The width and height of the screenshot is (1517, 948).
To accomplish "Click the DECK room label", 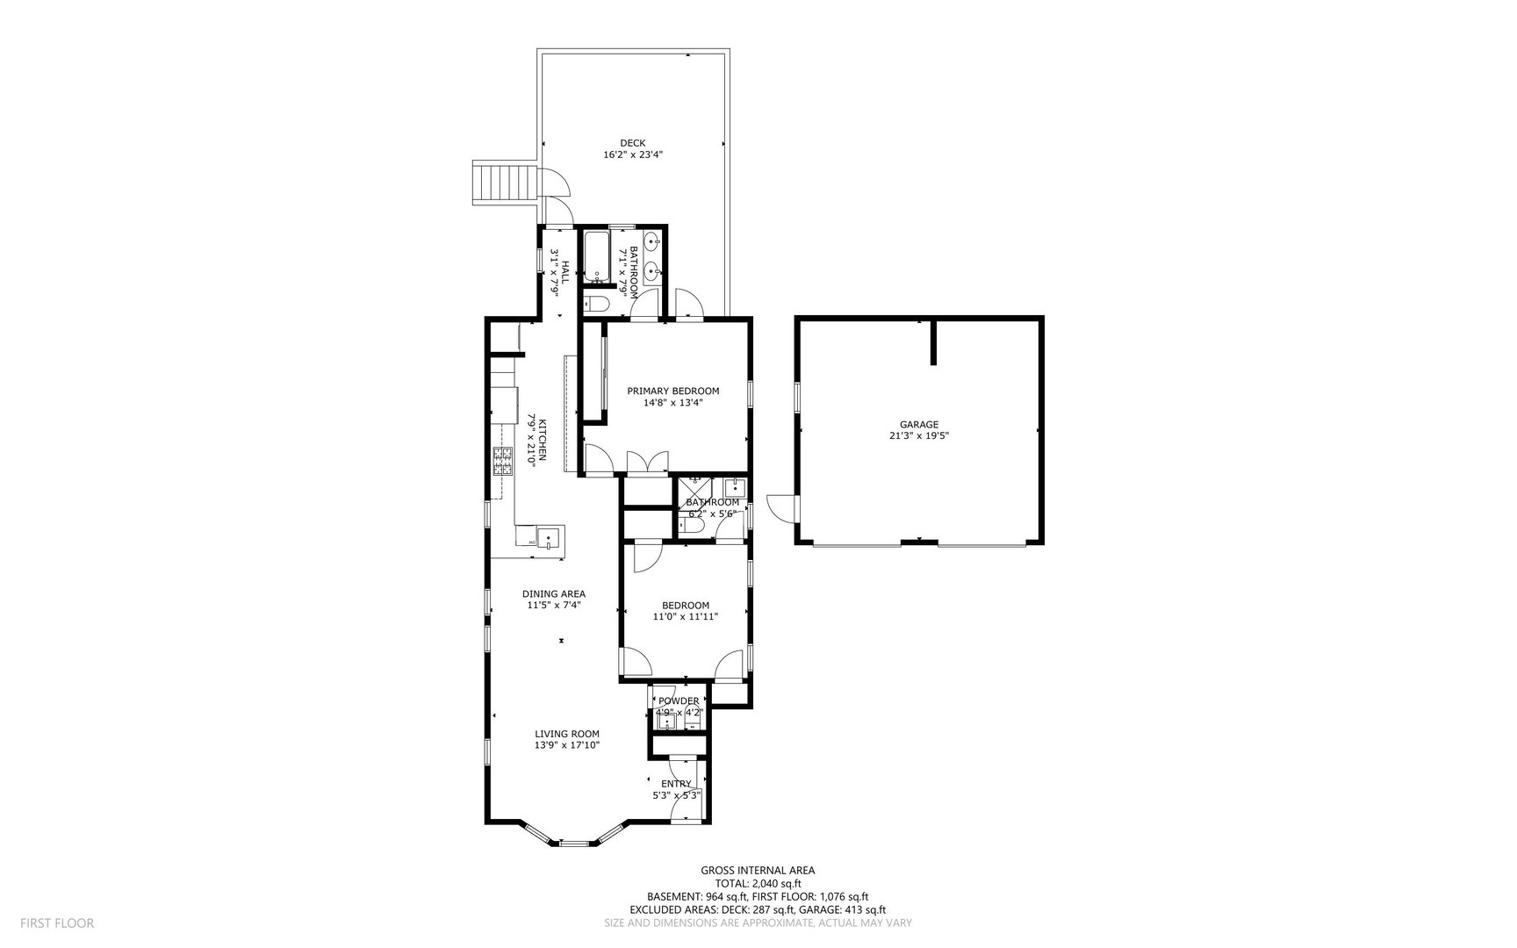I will [x=632, y=143].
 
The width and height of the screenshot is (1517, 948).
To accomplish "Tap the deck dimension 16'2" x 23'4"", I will [x=632, y=154].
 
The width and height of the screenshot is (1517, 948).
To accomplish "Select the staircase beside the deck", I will [x=504, y=182].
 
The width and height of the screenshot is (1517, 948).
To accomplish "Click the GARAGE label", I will [x=918, y=424].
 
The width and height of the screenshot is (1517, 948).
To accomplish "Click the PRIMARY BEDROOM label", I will [x=672, y=391].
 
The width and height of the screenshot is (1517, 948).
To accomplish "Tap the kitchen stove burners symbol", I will [x=502, y=461].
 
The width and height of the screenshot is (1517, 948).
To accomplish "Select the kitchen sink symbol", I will [x=550, y=535].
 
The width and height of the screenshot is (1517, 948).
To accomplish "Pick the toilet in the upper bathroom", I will [x=597, y=304].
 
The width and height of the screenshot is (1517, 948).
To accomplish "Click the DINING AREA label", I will [x=555, y=593].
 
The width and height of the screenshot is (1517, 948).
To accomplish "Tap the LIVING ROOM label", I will [x=567, y=734].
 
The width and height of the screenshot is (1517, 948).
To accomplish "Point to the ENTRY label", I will [x=676, y=784].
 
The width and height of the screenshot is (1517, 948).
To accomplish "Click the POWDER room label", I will [x=679, y=700].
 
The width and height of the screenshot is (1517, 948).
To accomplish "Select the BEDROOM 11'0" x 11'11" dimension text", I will [x=686, y=616].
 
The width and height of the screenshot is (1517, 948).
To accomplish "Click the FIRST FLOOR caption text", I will [x=57, y=923].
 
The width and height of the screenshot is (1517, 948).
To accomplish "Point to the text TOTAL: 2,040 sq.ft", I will [x=758, y=884].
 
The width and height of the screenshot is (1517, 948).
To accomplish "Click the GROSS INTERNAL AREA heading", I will [x=758, y=871].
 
